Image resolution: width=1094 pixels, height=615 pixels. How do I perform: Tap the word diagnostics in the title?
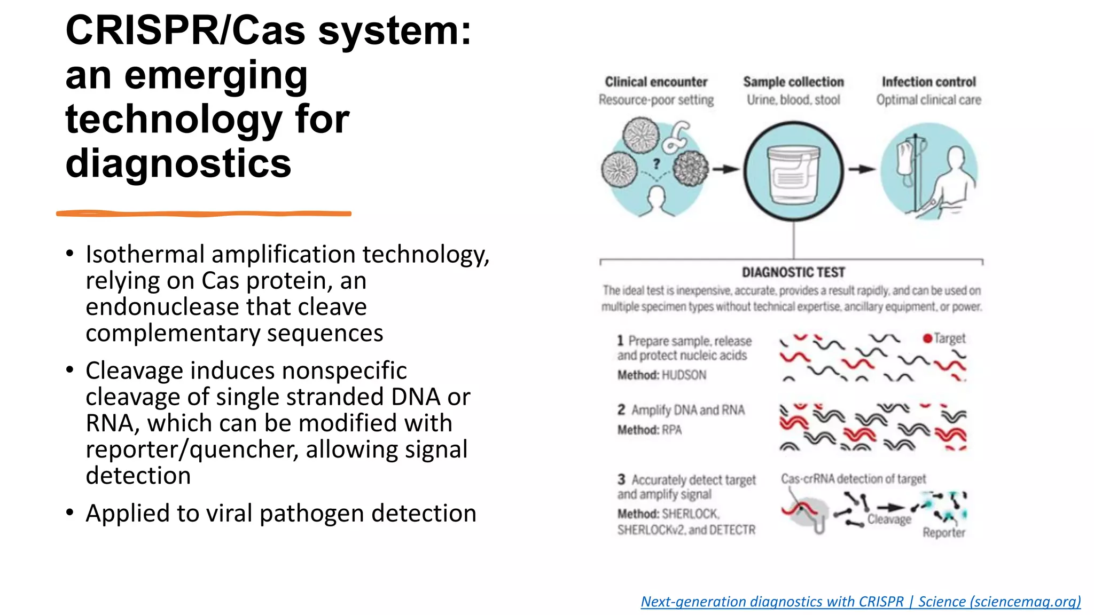click(x=178, y=163)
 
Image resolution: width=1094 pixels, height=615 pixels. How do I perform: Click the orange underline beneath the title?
click(x=203, y=214)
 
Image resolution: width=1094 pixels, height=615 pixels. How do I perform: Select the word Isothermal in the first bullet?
click(x=145, y=255)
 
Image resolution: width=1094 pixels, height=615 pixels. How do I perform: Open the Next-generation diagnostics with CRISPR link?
click(x=860, y=602)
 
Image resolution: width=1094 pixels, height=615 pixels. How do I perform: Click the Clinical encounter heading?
click(x=656, y=82)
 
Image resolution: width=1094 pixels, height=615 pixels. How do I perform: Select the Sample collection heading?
click(x=793, y=82)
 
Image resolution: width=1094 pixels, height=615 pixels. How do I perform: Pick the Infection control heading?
click(x=928, y=82)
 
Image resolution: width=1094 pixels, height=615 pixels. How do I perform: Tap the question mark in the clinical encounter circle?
click(x=657, y=163)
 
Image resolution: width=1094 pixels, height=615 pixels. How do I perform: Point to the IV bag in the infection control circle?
click(x=905, y=158)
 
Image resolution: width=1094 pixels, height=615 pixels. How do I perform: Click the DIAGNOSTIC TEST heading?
click(x=793, y=272)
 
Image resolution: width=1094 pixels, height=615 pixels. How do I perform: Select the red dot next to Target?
click(x=927, y=338)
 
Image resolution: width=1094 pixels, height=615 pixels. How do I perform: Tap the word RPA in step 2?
click(x=671, y=430)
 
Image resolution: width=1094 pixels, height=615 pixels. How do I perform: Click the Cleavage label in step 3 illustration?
click(x=889, y=519)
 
